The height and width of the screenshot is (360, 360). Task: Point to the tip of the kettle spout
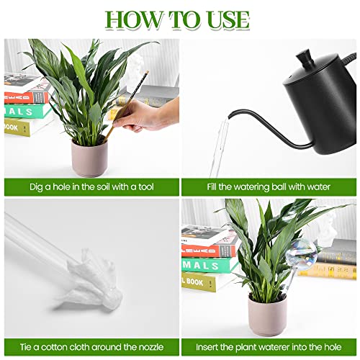pos(229,117)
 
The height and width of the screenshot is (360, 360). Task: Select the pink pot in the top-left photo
pos(89,158)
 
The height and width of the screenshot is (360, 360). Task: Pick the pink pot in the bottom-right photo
pos(267,315)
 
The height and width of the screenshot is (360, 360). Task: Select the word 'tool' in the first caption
pos(145,186)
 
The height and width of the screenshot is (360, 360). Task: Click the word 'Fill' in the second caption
pos(212,186)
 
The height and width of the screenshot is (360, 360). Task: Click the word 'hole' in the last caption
pos(333,347)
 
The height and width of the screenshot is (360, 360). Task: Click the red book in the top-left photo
pos(27,98)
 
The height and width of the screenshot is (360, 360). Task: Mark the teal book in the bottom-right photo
pos(207,265)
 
